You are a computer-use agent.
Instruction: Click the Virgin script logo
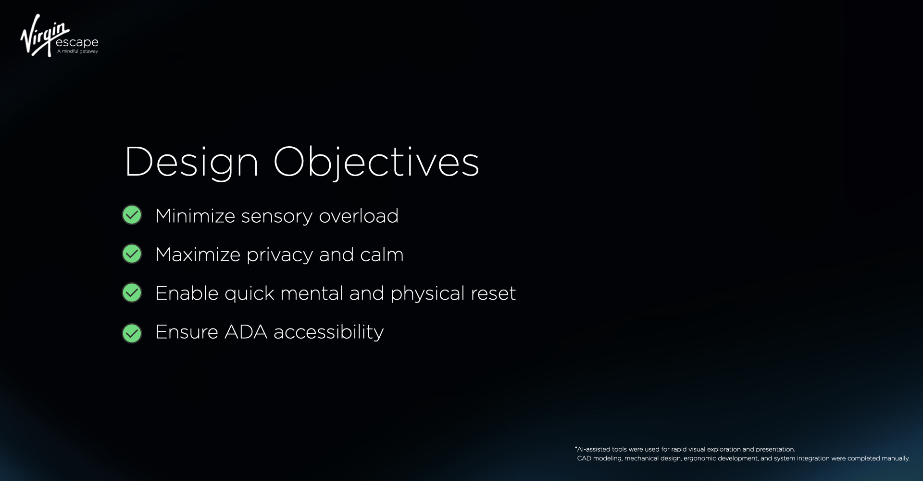(45, 35)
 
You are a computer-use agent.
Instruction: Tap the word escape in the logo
(77, 43)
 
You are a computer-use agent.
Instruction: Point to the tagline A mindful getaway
(77, 51)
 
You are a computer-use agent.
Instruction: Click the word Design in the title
(192, 163)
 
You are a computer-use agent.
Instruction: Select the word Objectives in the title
(376, 163)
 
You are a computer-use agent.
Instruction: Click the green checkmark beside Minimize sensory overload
(132, 215)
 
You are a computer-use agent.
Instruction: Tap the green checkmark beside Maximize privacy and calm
(132, 254)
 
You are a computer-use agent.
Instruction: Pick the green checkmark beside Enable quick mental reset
(132, 292)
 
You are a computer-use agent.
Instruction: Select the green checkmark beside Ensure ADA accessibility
(132, 333)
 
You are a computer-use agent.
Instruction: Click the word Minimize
(195, 216)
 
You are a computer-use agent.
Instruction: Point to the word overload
(359, 216)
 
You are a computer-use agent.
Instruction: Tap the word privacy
(280, 255)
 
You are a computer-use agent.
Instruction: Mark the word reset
(493, 294)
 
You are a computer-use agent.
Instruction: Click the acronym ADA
(246, 332)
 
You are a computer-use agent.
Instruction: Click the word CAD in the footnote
(584, 458)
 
